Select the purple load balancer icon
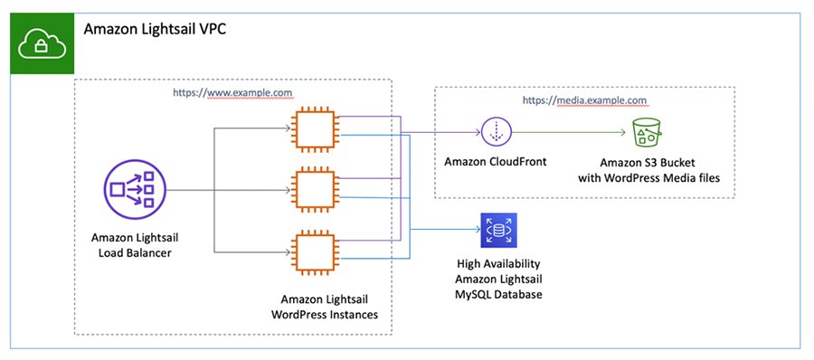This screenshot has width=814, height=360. [134, 190]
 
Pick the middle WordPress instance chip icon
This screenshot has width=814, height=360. [312, 191]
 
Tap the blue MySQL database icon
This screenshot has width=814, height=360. [497, 230]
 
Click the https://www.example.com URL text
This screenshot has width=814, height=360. [233, 92]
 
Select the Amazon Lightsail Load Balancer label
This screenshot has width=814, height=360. [134, 244]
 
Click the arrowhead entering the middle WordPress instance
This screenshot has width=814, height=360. [289, 191]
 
